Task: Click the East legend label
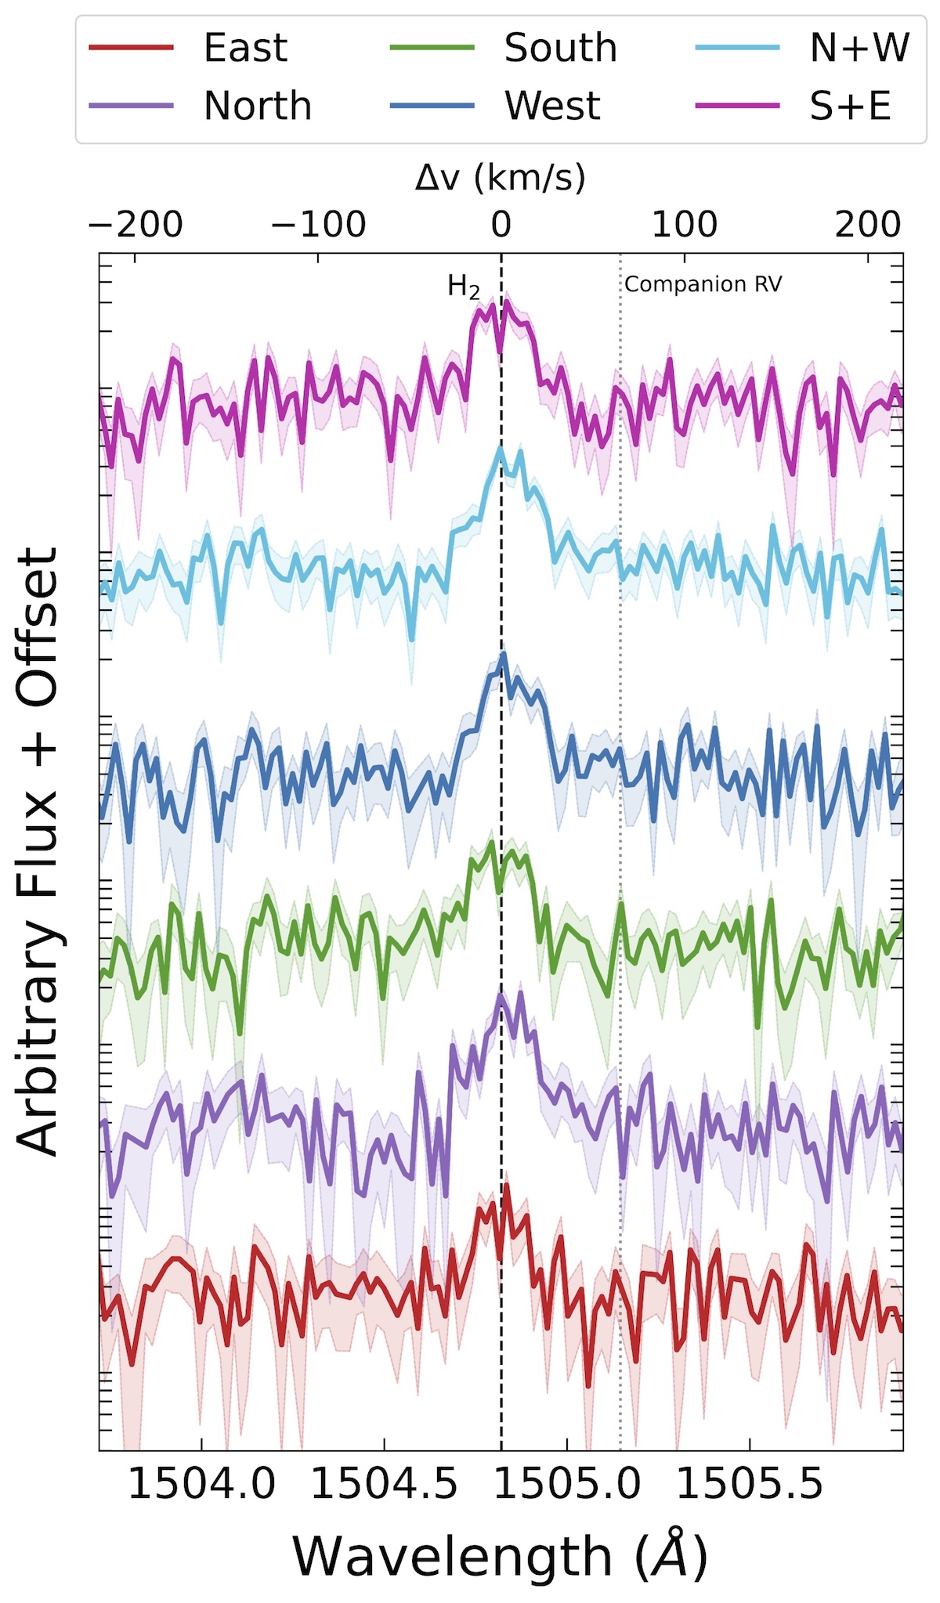(x=245, y=48)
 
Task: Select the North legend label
(x=258, y=106)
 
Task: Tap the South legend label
(x=560, y=48)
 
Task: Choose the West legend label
(x=552, y=106)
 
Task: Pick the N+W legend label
(x=859, y=48)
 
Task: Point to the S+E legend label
(x=851, y=106)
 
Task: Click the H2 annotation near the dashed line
(x=464, y=287)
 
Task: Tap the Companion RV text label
(x=703, y=284)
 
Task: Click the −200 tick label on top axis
(x=136, y=226)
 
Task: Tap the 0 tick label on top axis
(x=501, y=226)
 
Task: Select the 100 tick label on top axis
(x=685, y=226)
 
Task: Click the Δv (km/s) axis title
(x=501, y=179)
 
